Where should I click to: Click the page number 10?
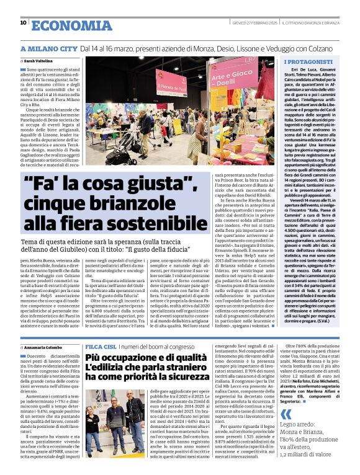coord(23,23)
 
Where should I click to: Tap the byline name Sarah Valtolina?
coord(38,61)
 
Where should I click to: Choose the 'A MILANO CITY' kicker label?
coord(47,48)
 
